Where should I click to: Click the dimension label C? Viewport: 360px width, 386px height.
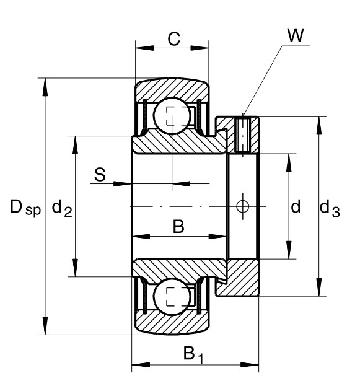tap(174, 39)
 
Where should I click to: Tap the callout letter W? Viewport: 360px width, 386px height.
tap(296, 35)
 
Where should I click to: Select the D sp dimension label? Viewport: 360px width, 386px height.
tap(25, 208)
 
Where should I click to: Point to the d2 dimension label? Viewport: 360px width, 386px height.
tap(62, 208)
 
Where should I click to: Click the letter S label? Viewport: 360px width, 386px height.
tap(100, 175)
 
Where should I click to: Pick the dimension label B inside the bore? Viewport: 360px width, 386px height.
tap(178, 227)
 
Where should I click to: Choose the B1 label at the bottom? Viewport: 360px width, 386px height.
tap(193, 355)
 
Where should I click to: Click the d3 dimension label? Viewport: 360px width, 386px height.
tap(330, 208)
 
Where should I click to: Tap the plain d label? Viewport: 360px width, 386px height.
tap(296, 206)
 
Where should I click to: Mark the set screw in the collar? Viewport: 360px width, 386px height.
tap(243, 135)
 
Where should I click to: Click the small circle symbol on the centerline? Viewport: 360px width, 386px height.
tap(243, 206)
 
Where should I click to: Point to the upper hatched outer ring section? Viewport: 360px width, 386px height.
tap(172, 90)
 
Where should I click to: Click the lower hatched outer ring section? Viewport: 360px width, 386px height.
tap(172, 322)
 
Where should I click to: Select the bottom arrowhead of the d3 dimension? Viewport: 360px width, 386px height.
tap(319, 287)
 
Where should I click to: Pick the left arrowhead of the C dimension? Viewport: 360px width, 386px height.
tap(144, 48)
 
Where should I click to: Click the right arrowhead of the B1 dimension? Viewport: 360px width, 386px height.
tap(250, 365)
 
